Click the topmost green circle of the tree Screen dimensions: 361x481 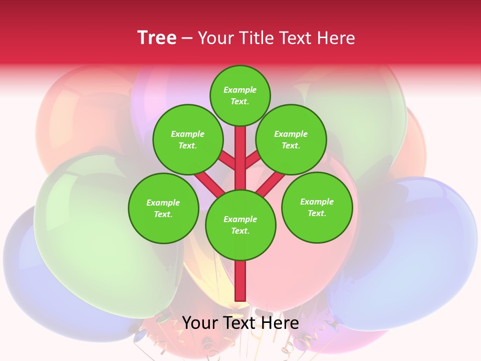click(240, 95)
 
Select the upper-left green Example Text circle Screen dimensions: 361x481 click(187, 139)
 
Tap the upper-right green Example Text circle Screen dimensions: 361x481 click(291, 139)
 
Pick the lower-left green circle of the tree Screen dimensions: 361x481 click(163, 208)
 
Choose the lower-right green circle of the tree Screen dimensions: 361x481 click(317, 207)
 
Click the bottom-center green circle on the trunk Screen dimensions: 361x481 click(240, 225)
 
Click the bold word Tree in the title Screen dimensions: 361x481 click(157, 38)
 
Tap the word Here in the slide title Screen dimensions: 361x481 click(337, 38)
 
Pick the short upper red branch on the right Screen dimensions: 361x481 click(253, 160)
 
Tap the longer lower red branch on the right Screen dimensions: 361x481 click(271, 183)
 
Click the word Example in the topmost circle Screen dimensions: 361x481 click(240, 90)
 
